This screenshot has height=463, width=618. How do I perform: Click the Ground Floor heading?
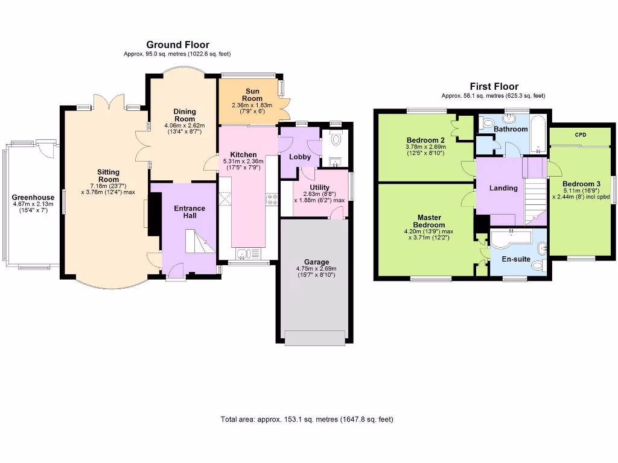coord(178,45)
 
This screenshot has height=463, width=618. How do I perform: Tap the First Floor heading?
coord(494,87)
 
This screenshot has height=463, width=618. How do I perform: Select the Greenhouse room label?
coord(33,198)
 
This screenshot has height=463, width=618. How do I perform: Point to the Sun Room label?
coord(252,95)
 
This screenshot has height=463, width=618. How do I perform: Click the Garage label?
coord(316,262)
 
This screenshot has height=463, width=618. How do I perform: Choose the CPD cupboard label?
coord(581,134)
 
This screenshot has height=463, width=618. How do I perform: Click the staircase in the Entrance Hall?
coord(200,241)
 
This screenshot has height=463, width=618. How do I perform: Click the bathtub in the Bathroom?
coord(538,134)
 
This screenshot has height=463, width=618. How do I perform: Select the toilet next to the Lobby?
coord(336,139)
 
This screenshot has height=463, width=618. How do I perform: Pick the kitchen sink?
coord(248,254)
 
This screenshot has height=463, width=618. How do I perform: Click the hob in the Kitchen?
coord(272,199)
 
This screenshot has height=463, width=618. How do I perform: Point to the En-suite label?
coord(516,259)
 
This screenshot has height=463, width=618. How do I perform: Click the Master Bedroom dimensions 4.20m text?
coord(428,231)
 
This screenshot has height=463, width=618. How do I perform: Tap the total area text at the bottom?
coord(307,420)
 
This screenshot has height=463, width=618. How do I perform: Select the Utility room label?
coord(319,187)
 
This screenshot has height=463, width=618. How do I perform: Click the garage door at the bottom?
coord(315,339)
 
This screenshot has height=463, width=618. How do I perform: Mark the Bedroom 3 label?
coord(581,184)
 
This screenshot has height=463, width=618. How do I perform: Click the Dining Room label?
coord(185,115)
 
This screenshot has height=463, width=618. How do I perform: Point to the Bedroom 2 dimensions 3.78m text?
coord(425,147)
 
